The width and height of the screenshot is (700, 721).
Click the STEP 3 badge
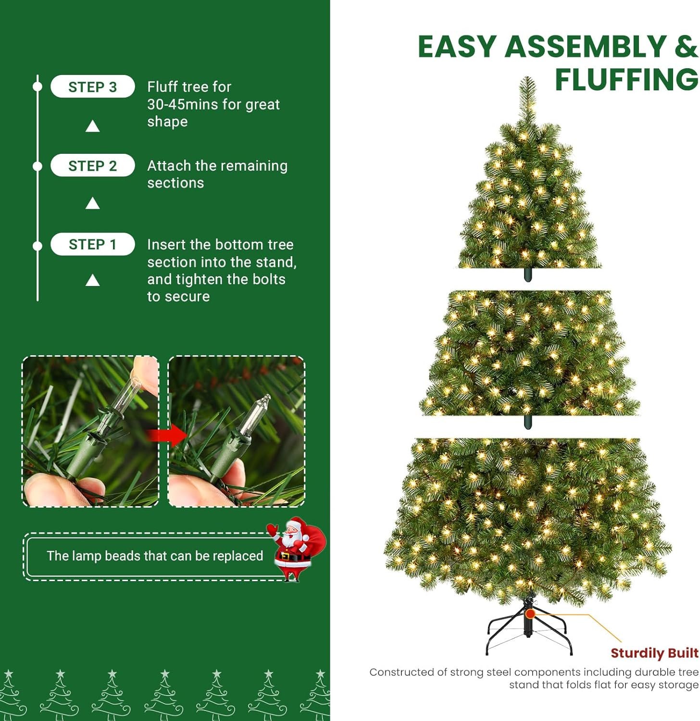click(x=92, y=87)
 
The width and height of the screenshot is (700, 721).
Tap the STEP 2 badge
click(x=92, y=166)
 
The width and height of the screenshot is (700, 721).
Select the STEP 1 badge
click(x=92, y=245)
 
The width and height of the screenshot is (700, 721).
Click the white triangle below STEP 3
click(x=92, y=126)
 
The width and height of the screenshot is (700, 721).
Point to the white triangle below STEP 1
click(x=92, y=280)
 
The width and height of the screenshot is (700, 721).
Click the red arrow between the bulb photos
click(x=166, y=435)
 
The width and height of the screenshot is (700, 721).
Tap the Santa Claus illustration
click(x=294, y=548)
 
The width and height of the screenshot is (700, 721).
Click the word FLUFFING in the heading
click(x=626, y=80)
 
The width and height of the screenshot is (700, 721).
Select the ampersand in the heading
click(x=686, y=47)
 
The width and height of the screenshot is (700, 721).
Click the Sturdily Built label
click(x=654, y=653)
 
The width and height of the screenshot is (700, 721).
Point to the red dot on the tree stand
click(x=530, y=614)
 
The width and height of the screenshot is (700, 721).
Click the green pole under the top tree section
click(x=528, y=275)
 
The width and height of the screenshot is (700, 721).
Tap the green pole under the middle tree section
click(x=528, y=422)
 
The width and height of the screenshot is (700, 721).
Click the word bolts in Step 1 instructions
click(x=267, y=279)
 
